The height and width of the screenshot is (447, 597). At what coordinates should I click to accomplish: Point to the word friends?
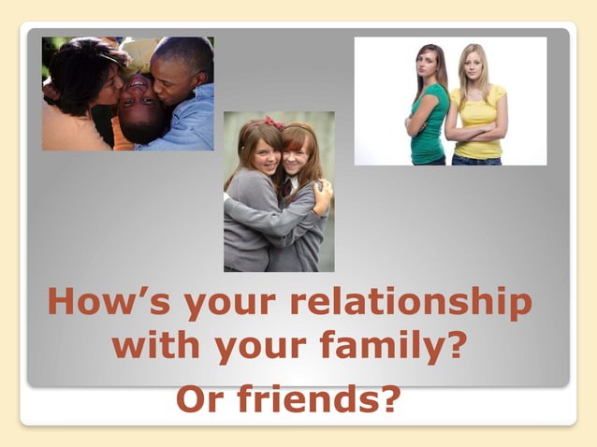click(317, 399)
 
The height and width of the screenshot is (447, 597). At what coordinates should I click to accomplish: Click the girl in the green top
click(428, 117)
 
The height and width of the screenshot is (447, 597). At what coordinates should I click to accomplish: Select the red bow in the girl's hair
click(273, 123)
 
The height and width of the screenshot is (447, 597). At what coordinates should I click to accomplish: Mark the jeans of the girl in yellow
click(475, 160)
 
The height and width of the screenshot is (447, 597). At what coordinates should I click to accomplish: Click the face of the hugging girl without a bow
click(298, 153)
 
